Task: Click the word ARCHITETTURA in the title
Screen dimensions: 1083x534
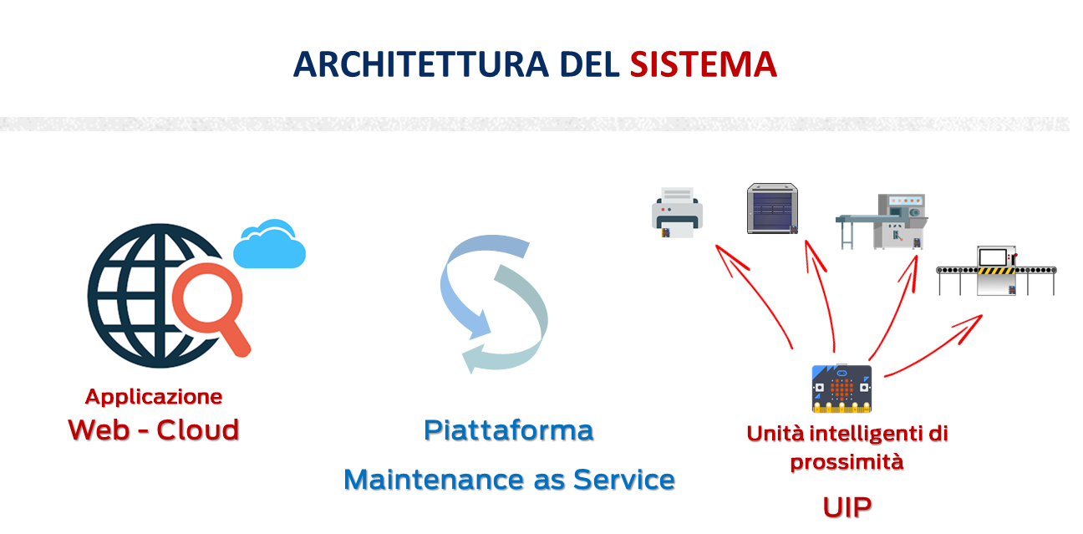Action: click(x=421, y=64)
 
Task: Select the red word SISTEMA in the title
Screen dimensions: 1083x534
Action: click(x=704, y=64)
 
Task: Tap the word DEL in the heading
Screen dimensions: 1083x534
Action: click(x=589, y=64)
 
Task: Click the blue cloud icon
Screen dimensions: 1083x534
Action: click(x=269, y=244)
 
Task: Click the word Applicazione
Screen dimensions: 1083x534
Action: click(x=154, y=397)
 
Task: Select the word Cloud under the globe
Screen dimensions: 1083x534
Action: click(x=198, y=430)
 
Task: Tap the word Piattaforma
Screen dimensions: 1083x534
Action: click(x=509, y=430)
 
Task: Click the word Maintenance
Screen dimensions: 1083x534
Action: click(x=434, y=480)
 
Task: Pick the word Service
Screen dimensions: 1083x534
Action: click(x=624, y=480)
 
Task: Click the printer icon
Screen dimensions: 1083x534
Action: click(x=677, y=212)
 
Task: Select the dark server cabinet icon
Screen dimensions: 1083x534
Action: click(x=772, y=208)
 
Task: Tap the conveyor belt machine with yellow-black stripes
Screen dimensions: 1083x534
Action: click(x=996, y=271)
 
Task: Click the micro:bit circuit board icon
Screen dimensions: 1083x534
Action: click(x=841, y=389)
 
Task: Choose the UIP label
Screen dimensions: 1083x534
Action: click(x=847, y=507)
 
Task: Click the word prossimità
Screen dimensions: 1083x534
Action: click(x=847, y=462)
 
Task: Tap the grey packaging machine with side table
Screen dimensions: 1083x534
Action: click(x=882, y=221)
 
